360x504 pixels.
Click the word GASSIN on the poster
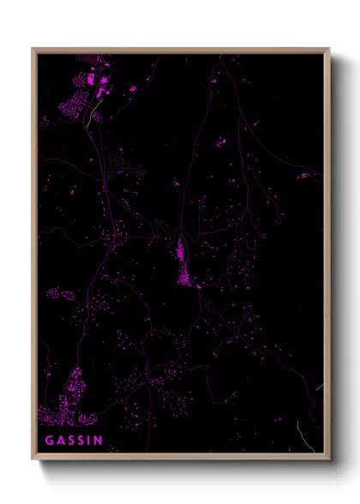pyautogui.click(x=73, y=441)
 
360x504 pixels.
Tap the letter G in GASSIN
pyautogui.click(x=49, y=441)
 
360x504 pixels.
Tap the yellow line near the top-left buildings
pyautogui.click(x=93, y=113)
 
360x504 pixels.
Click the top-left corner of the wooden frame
pyautogui.click(x=33, y=49)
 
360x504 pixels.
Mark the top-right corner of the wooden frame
pyautogui.click(x=329, y=49)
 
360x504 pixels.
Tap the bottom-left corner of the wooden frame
pyautogui.click(x=33, y=459)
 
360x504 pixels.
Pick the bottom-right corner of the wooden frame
pyautogui.click(x=329, y=459)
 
